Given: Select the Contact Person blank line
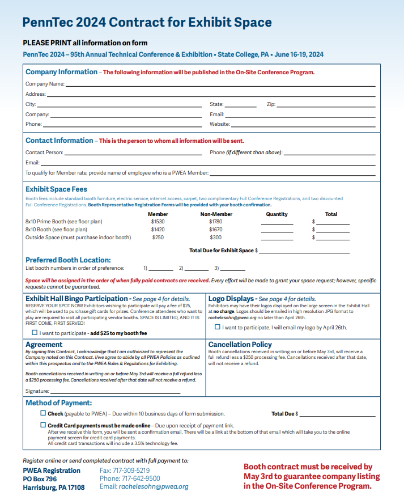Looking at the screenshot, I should coord(133,154).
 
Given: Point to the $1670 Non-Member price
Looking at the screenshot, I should coord(215,230).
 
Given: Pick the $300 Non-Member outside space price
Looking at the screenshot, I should coord(215,238).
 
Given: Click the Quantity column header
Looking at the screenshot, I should coord(277,214).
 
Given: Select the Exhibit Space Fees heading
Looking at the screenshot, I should coord(56,189).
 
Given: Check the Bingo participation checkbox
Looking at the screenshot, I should coord(35,333).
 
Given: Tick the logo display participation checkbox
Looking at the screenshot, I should coord(218,327).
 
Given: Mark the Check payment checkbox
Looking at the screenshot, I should coord(43,413).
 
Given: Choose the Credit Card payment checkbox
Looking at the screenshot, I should coord(43,425).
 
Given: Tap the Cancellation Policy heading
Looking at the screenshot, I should coord(240,344).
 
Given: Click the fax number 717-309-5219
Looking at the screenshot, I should coord(125,471).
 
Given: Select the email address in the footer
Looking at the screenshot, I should coord(154,486).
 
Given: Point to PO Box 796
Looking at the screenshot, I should coord(40,479).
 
